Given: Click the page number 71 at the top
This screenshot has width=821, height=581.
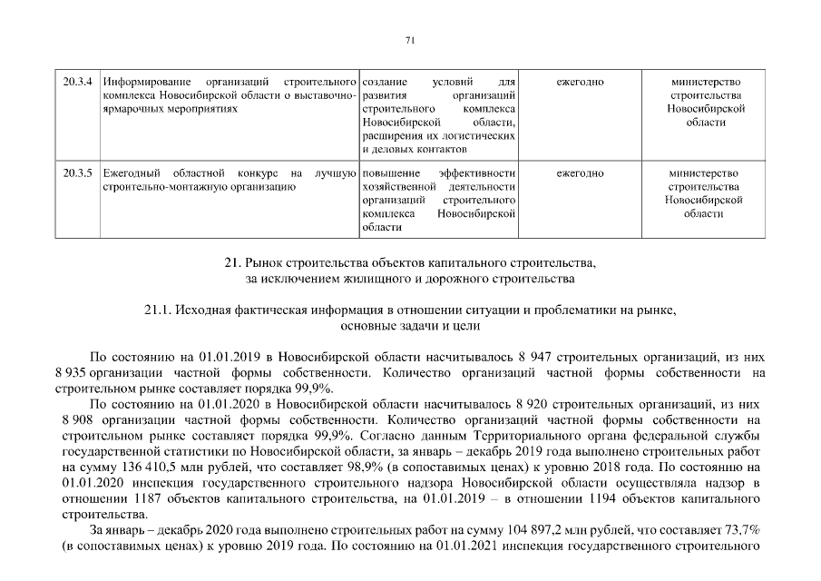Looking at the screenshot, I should click(x=410, y=39).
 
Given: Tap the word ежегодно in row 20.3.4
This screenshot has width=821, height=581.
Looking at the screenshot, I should click(x=580, y=83).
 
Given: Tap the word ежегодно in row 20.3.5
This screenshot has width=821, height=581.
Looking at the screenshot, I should click(x=580, y=172).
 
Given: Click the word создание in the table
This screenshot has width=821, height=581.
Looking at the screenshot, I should click(x=384, y=83).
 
